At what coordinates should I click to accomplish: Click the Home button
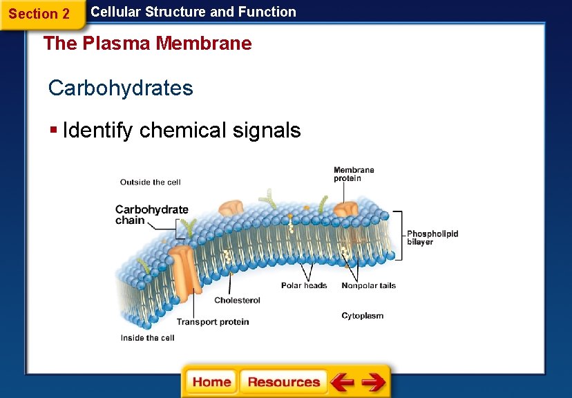[211, 382]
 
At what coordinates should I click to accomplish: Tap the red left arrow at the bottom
[342, 382]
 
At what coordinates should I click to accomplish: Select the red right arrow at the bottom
[373, 382]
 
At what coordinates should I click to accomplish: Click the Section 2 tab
[39, 14]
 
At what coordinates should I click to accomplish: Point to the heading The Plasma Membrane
[148, 44]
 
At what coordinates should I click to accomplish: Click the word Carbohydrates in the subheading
[121, 88]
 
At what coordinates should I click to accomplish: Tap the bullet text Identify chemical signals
[182, 130]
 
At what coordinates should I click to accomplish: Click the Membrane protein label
[354, 174]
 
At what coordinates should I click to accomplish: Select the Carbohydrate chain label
[151, 215]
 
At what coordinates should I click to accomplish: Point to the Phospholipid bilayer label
[432, 238]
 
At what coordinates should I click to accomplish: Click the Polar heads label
[304, 285]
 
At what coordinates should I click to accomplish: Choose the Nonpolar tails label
[368, 285]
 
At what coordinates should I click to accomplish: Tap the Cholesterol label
[237, 300]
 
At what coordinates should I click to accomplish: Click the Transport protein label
[213, 322]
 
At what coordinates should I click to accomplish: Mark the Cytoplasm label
[362, 316]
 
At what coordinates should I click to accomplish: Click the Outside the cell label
[150, 182]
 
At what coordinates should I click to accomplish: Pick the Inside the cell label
[147, 338]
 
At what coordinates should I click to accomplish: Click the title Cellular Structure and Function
[193, 12]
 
